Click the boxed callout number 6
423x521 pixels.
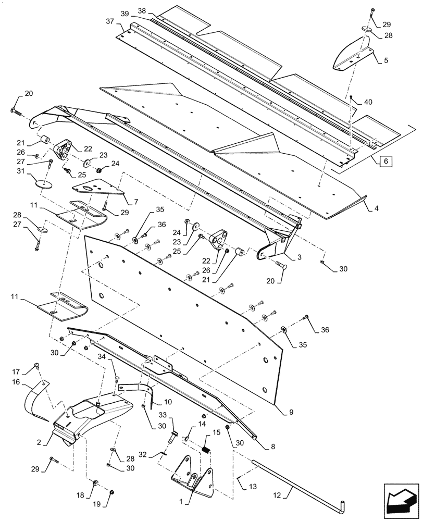click(x=385, y=162)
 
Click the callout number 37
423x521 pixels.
click(x=110, y=22)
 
